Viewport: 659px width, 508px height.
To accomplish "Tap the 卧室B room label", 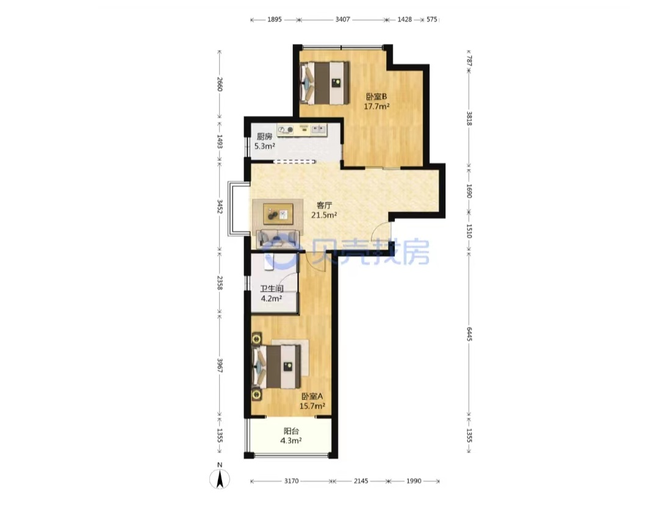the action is pos(376,96).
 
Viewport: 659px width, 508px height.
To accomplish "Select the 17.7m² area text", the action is pos(376,106).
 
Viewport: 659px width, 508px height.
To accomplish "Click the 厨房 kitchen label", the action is pos(264,136).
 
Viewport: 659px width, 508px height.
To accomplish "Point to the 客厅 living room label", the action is pos(324,206).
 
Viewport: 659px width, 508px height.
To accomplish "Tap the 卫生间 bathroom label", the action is pos(272,288).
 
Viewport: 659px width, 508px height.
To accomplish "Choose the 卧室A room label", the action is pos(312,396).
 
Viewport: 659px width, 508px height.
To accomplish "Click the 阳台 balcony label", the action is pos(291,431).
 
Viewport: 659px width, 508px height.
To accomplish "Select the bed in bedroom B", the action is pos(325,83).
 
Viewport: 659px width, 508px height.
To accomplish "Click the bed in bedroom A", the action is pos(276,367).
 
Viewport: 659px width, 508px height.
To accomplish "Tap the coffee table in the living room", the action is pos(278,214).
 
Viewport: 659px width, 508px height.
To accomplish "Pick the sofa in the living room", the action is pos(278,239).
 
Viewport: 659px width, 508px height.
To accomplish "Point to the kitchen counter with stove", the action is pos(302,130).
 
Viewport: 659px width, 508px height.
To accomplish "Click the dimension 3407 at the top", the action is pos(342,20).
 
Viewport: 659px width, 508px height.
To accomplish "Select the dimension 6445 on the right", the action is pos(469,334).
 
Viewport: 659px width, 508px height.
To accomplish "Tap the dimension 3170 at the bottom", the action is pos(291,481).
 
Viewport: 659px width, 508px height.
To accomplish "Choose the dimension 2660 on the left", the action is pos(220,84).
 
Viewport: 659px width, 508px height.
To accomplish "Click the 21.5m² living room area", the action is pos(324,215).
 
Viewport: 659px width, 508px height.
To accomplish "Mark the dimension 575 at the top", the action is pos(432,20).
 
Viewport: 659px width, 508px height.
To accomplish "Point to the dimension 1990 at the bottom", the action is pos(414,481).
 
